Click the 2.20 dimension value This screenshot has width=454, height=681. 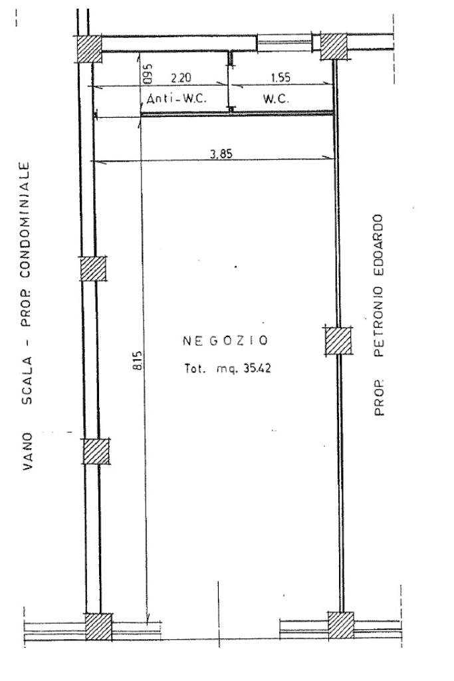(x=177, y=78)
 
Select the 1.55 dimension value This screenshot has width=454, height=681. (x=281, y=78)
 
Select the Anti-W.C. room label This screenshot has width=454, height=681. (x=177, y=98)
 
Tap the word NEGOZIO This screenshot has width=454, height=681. (x=225, y=341)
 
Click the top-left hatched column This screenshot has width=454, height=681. (x=89, y=47)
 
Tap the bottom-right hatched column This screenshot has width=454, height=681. (x=342, y=625)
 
